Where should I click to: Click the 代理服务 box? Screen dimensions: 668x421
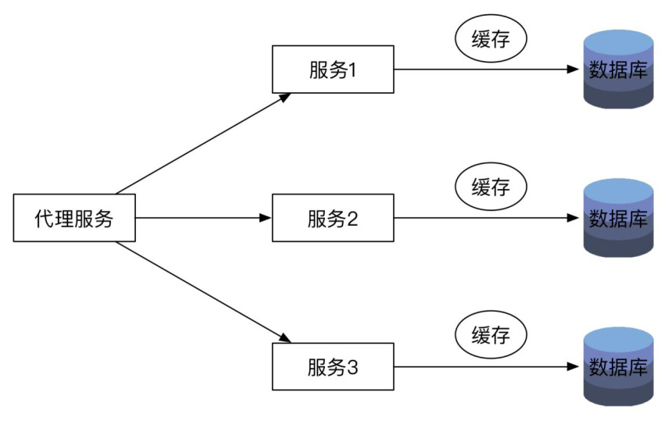click(74, 218)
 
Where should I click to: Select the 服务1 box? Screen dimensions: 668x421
click(333, 69)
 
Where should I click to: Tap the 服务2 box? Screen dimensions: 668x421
click(333, 218)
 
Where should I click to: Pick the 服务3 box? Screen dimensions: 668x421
click(333, 366)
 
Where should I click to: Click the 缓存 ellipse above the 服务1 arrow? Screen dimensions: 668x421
click(491, 39)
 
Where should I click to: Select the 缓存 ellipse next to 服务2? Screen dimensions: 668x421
click(491, 187)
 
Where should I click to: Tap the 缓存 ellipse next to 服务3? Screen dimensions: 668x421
click(491, 335)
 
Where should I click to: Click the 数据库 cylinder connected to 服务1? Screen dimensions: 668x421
click(618, 69)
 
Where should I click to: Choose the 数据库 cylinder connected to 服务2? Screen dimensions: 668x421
click(618, 218)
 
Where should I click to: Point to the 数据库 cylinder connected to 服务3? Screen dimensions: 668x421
click(618, 366)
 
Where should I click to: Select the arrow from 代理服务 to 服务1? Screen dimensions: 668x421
click(203, 144)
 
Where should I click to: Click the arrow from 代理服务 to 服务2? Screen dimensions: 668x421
click(204, 218)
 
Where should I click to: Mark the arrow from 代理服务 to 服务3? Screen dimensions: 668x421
click(203, 292)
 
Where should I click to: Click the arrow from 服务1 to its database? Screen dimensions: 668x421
click(487, 69)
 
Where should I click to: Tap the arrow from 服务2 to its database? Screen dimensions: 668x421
click(487, 218)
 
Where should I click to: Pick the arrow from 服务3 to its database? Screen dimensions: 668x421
click(487, 366)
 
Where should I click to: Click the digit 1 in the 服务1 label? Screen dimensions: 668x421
click(352, 70)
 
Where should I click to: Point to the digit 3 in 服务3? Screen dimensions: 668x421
click(352, 368)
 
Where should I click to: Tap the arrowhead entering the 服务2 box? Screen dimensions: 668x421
click(266, 218)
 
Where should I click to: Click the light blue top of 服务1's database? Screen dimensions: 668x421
click(618, 41)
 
